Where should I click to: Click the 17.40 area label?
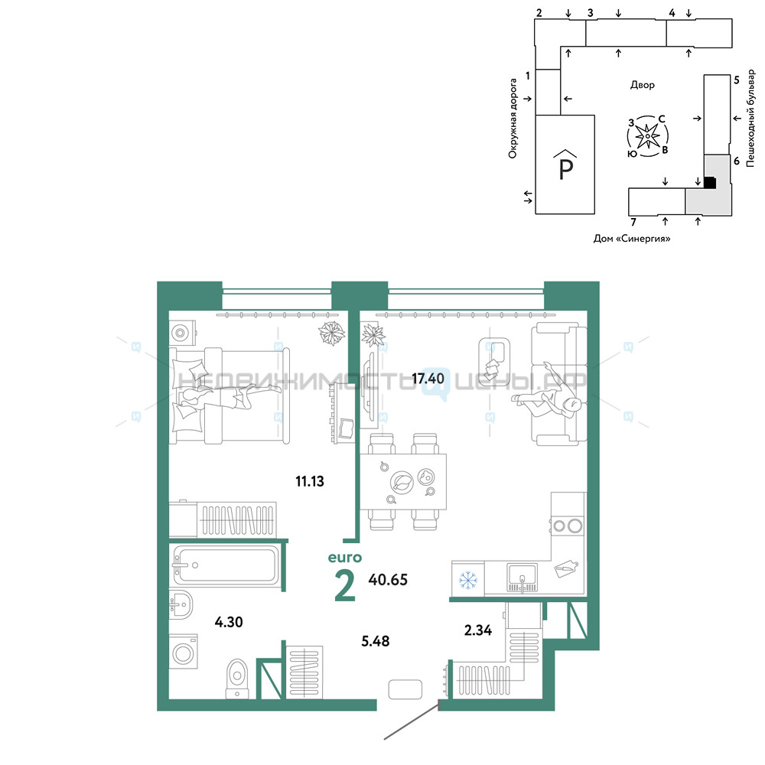point(428,378)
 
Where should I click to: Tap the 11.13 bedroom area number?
point(310,481)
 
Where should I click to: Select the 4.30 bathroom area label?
point(229,622)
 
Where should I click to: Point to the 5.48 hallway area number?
point(375,641)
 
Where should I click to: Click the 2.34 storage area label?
point(478,630)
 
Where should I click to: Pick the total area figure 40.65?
point(388,580)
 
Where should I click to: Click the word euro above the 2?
point(345,558)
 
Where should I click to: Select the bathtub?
point(226,565)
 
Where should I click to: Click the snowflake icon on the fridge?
point(468,580)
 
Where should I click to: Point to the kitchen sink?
point(522,577)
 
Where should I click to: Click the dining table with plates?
point(403,481)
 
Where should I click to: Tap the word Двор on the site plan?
point(642,85)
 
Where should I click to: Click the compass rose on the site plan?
point(647,136)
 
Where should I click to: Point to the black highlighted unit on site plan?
point(710,183)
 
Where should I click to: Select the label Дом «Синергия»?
point(632,239)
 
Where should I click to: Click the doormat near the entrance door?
point(405,689)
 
